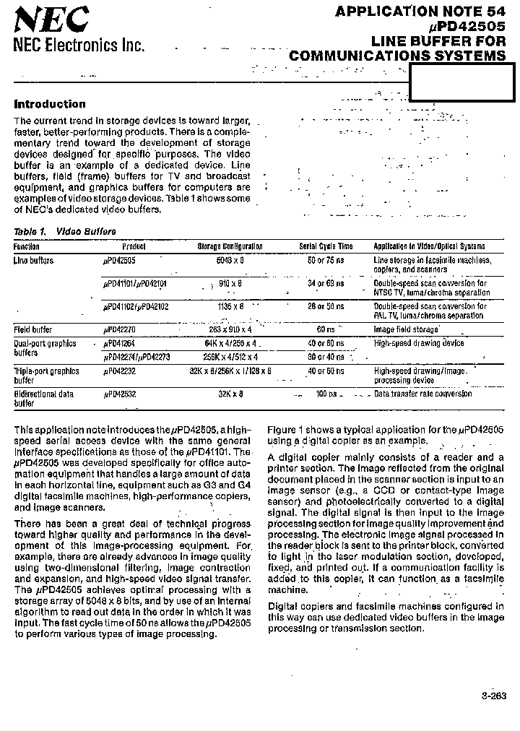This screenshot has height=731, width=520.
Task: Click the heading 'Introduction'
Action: tap(50, 104)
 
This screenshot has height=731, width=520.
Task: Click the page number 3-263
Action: tap(493, 696)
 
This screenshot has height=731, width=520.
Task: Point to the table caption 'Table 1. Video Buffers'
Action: tap(65, 232)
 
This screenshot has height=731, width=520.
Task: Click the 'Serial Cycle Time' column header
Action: tap(326, 246)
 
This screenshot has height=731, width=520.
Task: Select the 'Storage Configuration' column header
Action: tap(230, 246)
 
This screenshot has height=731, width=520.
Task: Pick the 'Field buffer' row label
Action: tap(33, 329)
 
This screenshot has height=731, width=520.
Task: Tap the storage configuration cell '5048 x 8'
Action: tap(231, 260)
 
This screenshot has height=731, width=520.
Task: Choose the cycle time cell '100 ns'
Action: tap(326, 394)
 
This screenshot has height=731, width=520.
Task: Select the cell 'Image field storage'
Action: tap(406, 329)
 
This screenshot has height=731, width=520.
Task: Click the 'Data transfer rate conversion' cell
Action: tap(423, 394)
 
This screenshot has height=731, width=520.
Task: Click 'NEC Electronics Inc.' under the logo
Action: tap(79, 45)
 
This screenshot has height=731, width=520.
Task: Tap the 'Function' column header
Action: tap(27, 246)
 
